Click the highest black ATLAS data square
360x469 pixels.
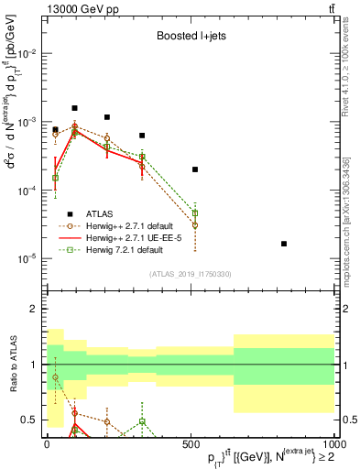tap(75, 108)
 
